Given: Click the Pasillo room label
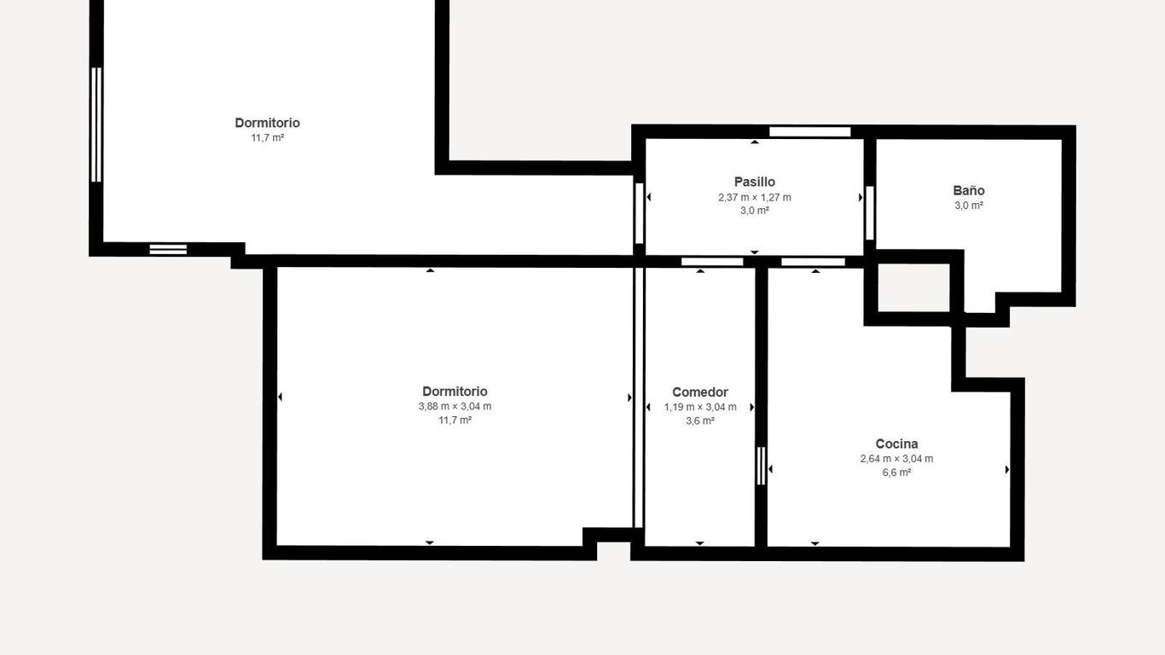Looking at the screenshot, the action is pos(754,183).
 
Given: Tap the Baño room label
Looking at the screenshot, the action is pos(968,190).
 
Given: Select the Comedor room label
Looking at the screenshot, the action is pos(700,392).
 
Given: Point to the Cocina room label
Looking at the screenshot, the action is pos(896,443).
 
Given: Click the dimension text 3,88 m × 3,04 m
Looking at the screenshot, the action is pos(455,406).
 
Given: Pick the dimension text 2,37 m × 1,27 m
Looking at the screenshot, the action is pos(755,197).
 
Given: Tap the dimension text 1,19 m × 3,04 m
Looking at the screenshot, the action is pos(700,407).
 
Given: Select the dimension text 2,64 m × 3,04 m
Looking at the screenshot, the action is pos(896,458).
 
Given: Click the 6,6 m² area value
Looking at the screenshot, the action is pos(896,472).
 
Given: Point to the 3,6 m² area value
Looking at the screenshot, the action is pos(700,420).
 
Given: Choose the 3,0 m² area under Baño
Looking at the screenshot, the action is pos(968,205).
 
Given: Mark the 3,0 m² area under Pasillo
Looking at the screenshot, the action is pos(755,211).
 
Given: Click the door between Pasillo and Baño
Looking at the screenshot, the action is pos(870,212).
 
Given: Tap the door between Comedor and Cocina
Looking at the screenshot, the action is pos(761,466).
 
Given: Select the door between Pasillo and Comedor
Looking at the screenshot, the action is pos(712,262).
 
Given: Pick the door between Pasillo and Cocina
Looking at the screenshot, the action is pos(813,262).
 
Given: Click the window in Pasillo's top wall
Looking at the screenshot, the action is pos(809,132).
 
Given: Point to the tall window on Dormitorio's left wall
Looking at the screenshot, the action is pos(96,125).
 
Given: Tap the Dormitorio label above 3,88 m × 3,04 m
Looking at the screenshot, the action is pos(455,391).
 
